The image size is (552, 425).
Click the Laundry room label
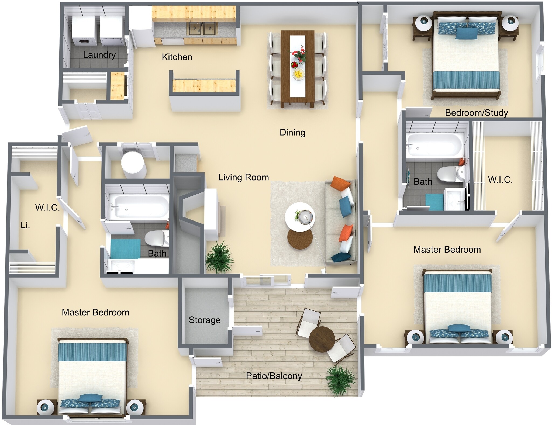[x=99, y=55]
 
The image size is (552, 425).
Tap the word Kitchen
[x=177, y=57]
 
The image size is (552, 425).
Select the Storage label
[x=205, y=320]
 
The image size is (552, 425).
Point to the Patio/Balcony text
[x=274, y=376]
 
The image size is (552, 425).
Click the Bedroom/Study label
[x=476, y=112]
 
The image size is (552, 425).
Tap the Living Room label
[x=243, y=177]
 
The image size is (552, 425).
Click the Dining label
[x=292, y=132]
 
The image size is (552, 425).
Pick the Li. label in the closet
[x=25, y=225]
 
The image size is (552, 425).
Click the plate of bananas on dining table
[x=298, y=74]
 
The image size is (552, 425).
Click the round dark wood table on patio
[x=322, y=339]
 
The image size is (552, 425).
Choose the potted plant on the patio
[x=340, y=380]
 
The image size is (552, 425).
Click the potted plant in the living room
[x=219, y=257]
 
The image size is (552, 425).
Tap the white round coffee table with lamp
[x=300, y=217]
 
